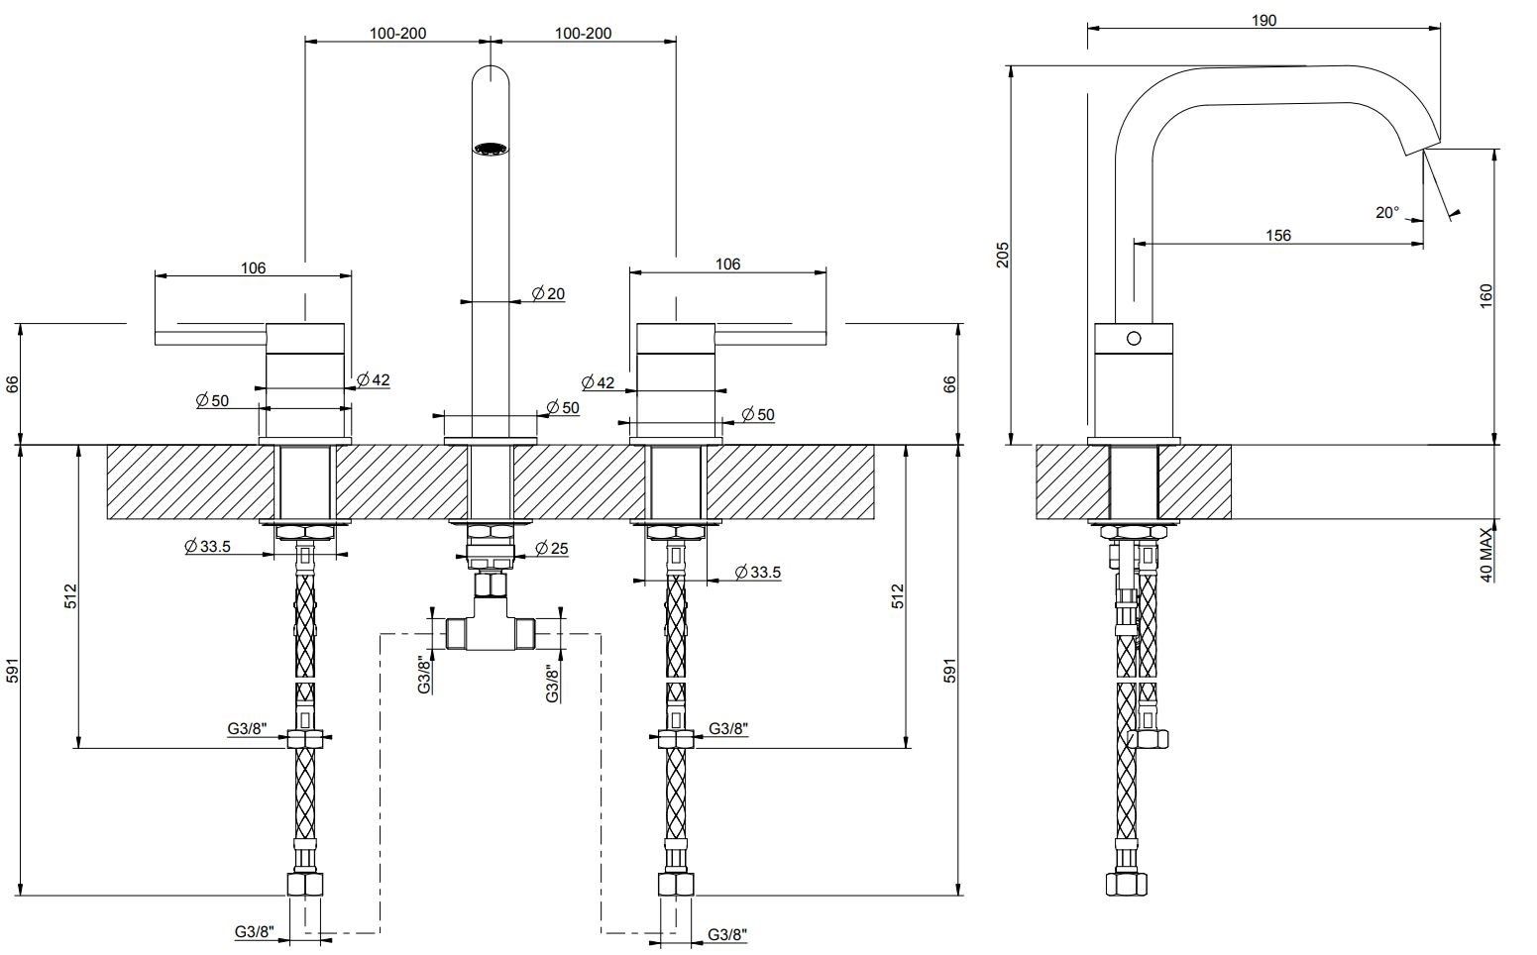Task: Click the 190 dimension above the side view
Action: pyautogui.click(x=1263, y=20)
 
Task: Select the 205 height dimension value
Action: pyautogui.click(x=1002, y=255)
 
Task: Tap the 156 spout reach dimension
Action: pyautogui.click(x=1278, y=235)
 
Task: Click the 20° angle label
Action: pyautogui.click(x=1387, y=212)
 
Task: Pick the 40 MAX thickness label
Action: pyautogui.click(x=1485, y=555)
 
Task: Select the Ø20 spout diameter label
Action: pyautogui.click(x=548, y=293)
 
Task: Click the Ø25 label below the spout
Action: pyautogui.click(x=551, y=548)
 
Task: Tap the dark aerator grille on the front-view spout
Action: pyautogui.click(x=490, y=150)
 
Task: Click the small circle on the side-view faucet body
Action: pyautogui.click(x=1135, y=338)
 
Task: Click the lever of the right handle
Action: pyautogui.click(x=770, y=338)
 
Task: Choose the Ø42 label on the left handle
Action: pyautogui.click(x=374, y=378)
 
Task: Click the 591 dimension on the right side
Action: pyautogui.click(x=949, y=671)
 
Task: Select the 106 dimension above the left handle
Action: pyautogui.click(x=253, y=267)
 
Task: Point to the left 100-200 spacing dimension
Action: pyautogui.click(x=398, y=33)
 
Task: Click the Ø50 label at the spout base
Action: pyautogui.click(x=563, y=407)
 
